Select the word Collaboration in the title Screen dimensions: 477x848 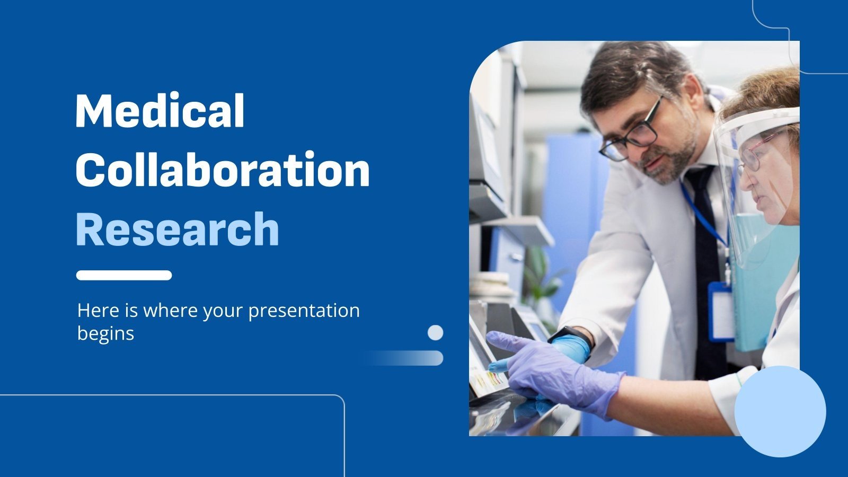pyautogui.click(x=223, y=170)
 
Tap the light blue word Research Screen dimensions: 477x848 pyautogui.click(x=178, y=229)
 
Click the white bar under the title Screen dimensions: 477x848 pyautogui.click(x=123, y=275)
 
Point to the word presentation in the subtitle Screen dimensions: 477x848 pyautogui.click(x=304, y=310)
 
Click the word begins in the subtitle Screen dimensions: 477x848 pyautogui.click(x=105, y=333)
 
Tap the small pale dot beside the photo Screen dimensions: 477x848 pyautogui.click(x=435, y=332)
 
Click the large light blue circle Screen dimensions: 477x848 pyautogui.click(x=780, y=411)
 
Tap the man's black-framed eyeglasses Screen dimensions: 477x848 pyautogui.click(x=633, y=132)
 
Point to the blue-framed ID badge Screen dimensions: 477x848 pyautogui.click(x=721, y=312)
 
